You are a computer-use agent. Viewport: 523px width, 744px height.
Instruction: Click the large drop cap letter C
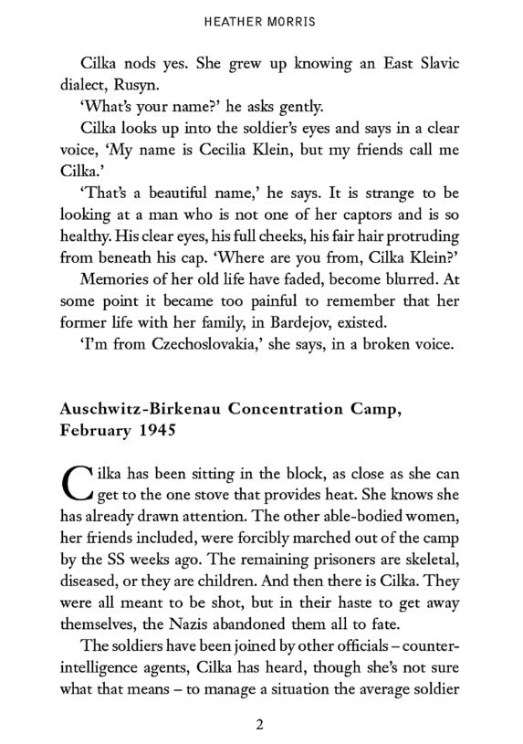(x=77, y=482)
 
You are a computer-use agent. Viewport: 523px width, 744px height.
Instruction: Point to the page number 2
(x=260, y=726)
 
